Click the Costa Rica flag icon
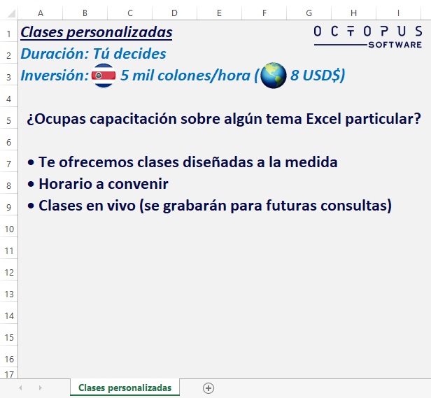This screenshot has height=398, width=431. (x=104, y=76)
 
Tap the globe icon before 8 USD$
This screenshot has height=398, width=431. (x=273, y=76)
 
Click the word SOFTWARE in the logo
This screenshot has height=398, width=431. (x=395, y=45)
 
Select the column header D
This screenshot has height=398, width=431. (x=174, y=13)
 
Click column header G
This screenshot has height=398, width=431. (x=309, y=13)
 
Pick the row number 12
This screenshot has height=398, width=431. (x=9, y=272)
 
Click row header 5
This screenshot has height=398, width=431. (x=9, y=120)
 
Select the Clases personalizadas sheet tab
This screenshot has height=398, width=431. (x=125, y=388)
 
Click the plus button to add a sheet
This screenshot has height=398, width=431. (x=209, y=388)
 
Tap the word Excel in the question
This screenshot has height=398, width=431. (x=323, y=119)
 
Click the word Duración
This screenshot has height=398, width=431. (x=55, y=53)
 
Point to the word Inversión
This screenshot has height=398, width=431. (x=55, y=75)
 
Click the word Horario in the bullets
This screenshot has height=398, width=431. (x=65, y=183)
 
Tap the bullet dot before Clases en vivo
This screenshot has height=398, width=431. (x=31, y=206)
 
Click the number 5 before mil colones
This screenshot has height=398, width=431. (x=125, y=75)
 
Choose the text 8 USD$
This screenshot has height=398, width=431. (x=316, y=75)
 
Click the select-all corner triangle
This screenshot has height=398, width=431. (x=11, y=13)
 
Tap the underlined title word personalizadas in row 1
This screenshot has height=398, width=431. (x=120, y=32)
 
